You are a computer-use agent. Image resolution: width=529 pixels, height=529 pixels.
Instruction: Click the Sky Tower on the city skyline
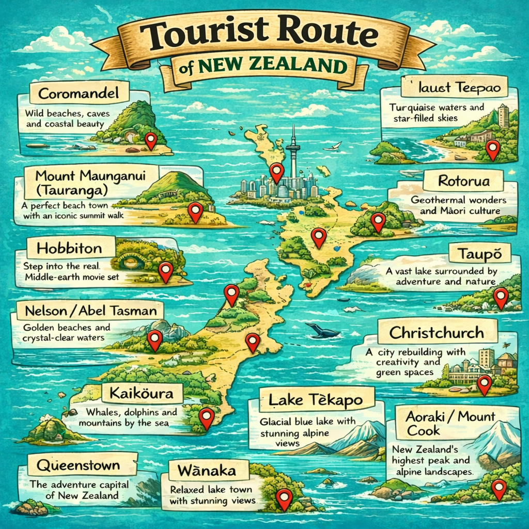(x=293, y=150)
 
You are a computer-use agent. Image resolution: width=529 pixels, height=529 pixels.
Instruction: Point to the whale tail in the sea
(x=321, y=331)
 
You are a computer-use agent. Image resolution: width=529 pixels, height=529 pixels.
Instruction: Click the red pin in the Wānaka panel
(x=284, y=498)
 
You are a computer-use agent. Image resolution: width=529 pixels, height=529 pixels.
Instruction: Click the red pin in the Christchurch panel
(x=484, y=383)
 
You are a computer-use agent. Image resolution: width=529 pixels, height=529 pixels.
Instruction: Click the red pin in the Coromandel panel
(x=150, y=139)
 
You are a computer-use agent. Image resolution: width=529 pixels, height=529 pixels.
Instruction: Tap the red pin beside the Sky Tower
(x=277, y=172)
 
